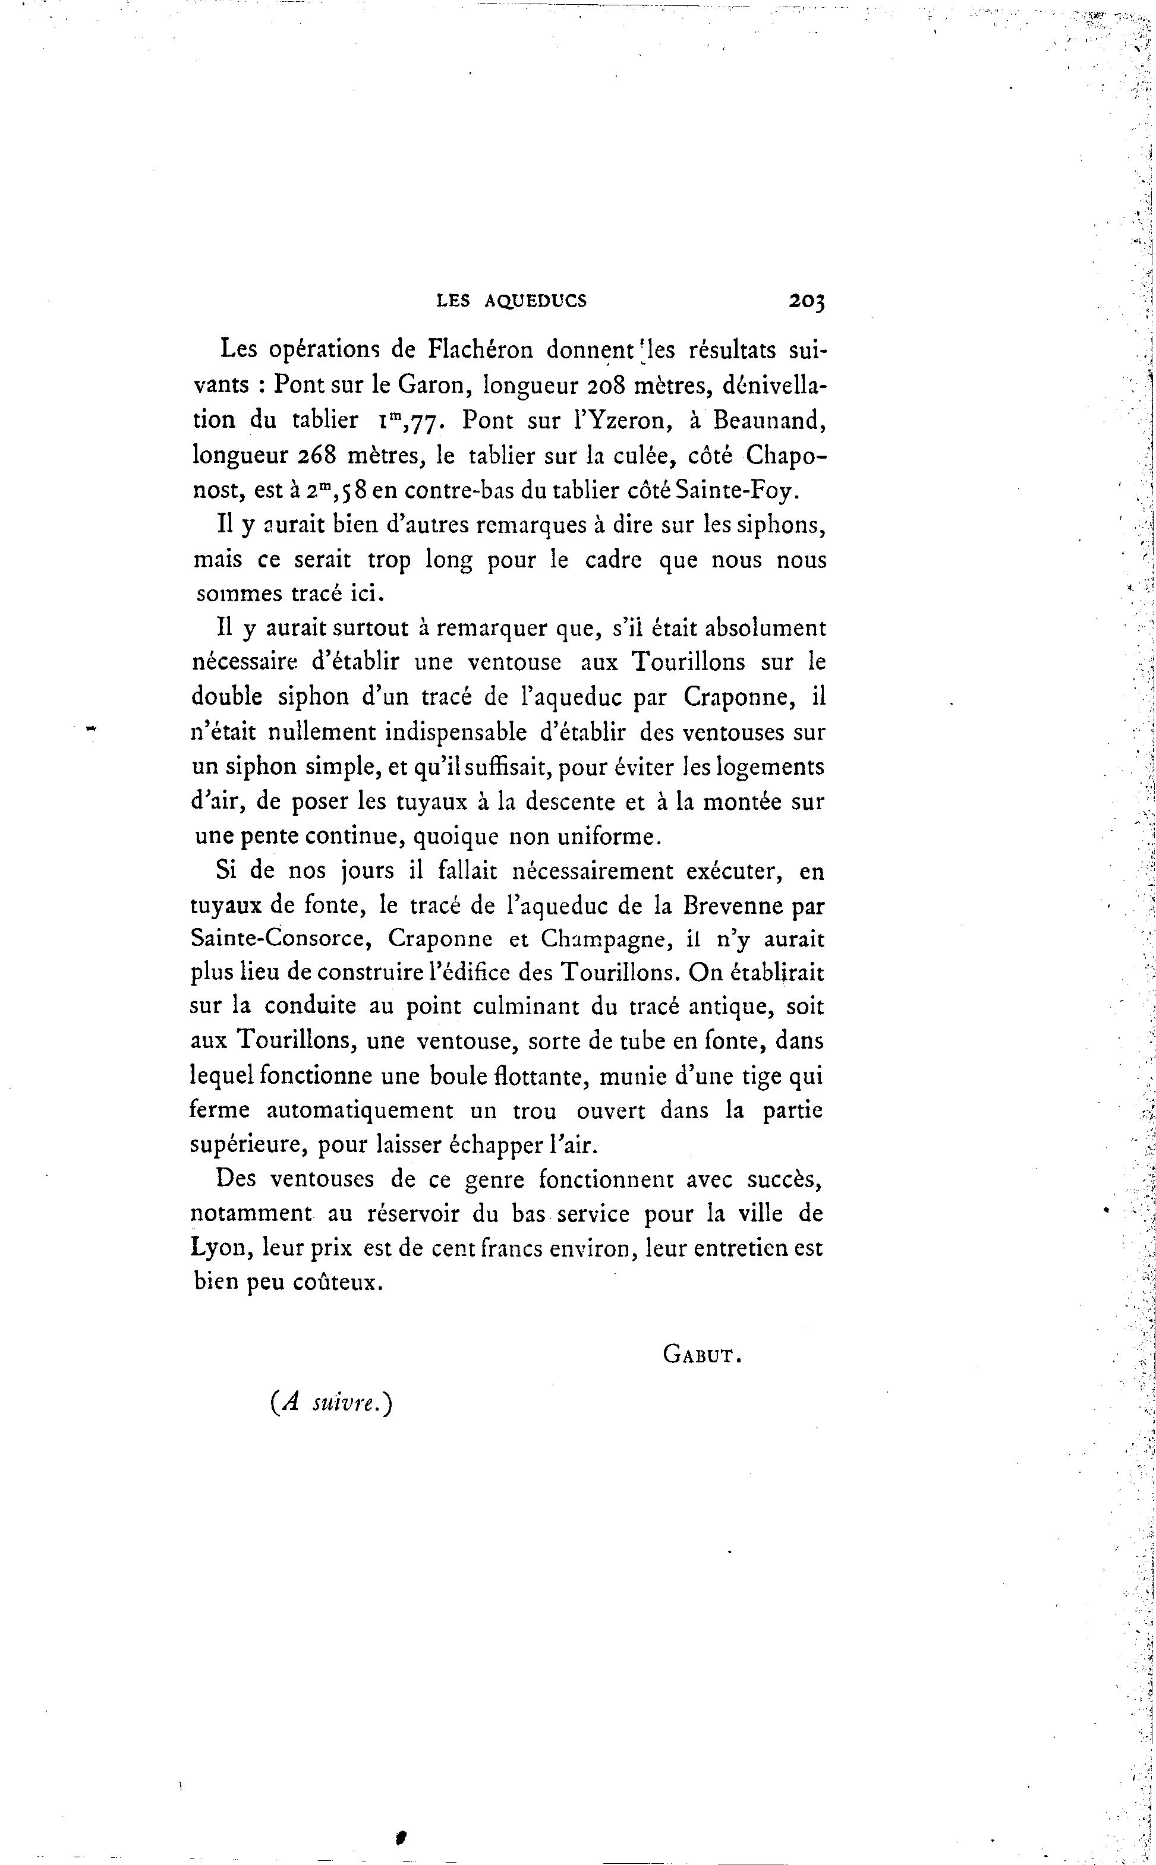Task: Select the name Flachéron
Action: click(x=480, y=349)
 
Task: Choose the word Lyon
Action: click(x=221, y=1249)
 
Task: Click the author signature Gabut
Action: click(x=702, y=1355)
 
